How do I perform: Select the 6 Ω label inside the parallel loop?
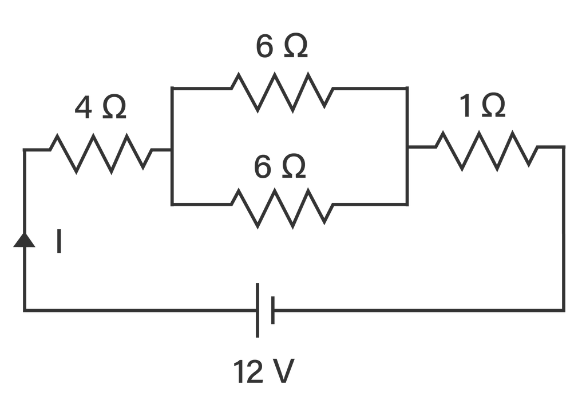tap(280, 166)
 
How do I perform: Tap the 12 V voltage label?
tap(264, 372)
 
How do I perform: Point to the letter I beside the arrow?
tap(59, 241)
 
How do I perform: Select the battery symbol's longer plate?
tap(257, 310)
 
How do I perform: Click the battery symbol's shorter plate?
tap(273, 310)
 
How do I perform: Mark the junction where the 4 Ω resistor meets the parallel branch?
tap(171, 150)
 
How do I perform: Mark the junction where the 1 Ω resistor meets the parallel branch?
tap(407, 147)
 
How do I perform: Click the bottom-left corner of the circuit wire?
tap(24, 310)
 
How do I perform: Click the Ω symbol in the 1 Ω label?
tap(493, 106)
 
